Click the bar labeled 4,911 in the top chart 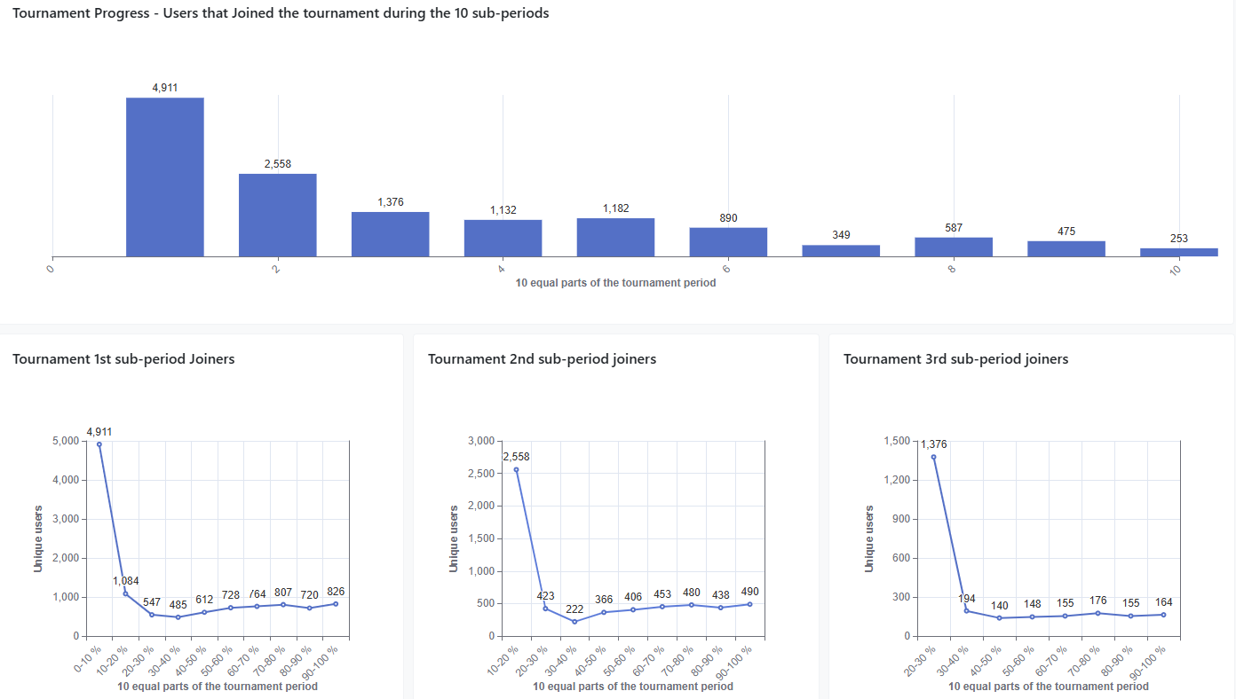(164, 177)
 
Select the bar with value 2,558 (277, 216)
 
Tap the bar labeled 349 (841, 251)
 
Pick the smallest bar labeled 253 (1178, 253)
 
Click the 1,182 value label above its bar (615, 208)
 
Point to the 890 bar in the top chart (728, 242)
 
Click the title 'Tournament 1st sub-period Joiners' (123, 359)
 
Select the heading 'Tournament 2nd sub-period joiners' (542, 359)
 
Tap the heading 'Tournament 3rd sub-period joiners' (955, 359)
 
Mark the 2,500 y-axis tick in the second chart (479, 474)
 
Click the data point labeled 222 (574, 622)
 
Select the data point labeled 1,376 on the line (933, 458)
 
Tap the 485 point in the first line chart (178, 617)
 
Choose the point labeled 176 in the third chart (1097, 613)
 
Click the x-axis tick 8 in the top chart (951, 268)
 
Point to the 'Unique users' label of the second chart (454, 538)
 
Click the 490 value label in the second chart (750, 592)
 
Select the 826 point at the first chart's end (336, 604)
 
